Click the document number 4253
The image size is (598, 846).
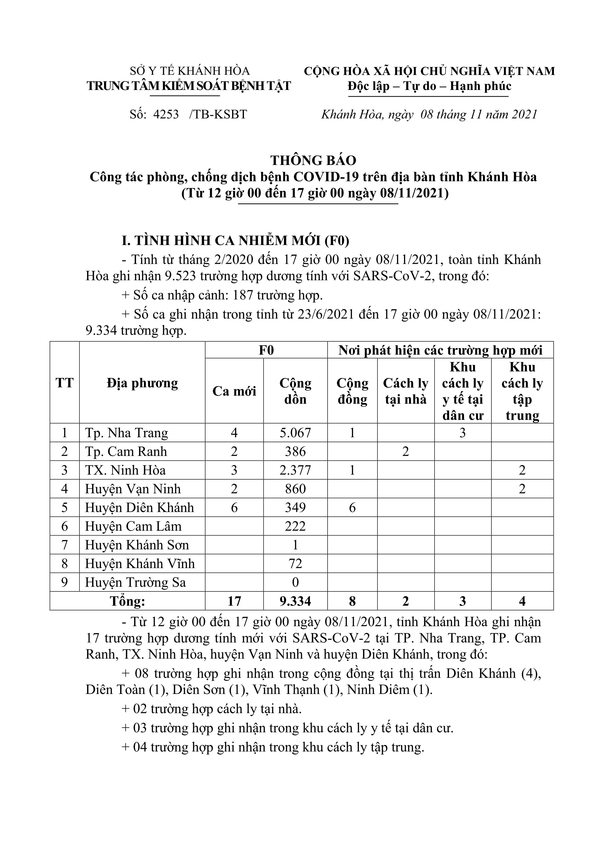point(166,115)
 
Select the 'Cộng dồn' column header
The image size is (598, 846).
point(296,391)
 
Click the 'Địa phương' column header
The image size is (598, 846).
point(142,383)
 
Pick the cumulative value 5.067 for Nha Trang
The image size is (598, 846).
point(296,433)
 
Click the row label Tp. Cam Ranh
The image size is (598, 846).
point(126,452)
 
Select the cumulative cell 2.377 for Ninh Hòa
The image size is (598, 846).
point(296,471)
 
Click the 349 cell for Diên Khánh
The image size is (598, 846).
point(296,508)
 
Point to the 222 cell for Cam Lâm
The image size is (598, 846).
point(296,527)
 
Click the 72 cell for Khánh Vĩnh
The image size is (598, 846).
point(296,564)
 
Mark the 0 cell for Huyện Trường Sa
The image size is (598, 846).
point(296,582)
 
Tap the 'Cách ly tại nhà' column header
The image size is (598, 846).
point(406,391)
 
